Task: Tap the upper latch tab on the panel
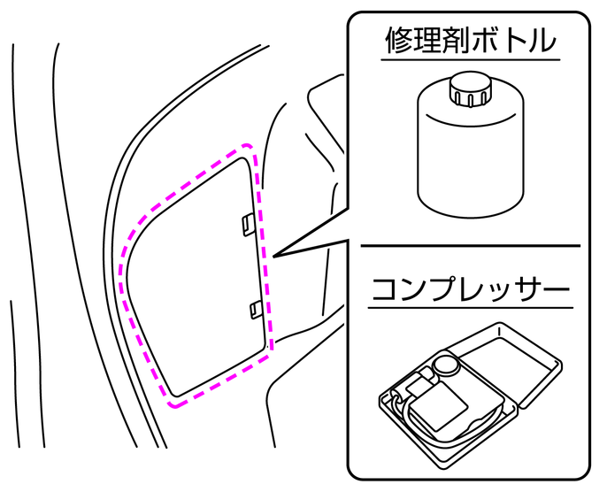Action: coord(248,224)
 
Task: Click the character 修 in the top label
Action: coord(400,40)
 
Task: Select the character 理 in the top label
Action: coord(434,40)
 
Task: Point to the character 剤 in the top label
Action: coord(466,40)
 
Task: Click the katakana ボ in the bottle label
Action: coord(496,40)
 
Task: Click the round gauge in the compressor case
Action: coord(448,364)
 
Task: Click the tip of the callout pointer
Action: coord(275,257)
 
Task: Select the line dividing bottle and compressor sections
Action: coord(471,245)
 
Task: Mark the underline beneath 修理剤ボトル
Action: coord(471,59)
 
